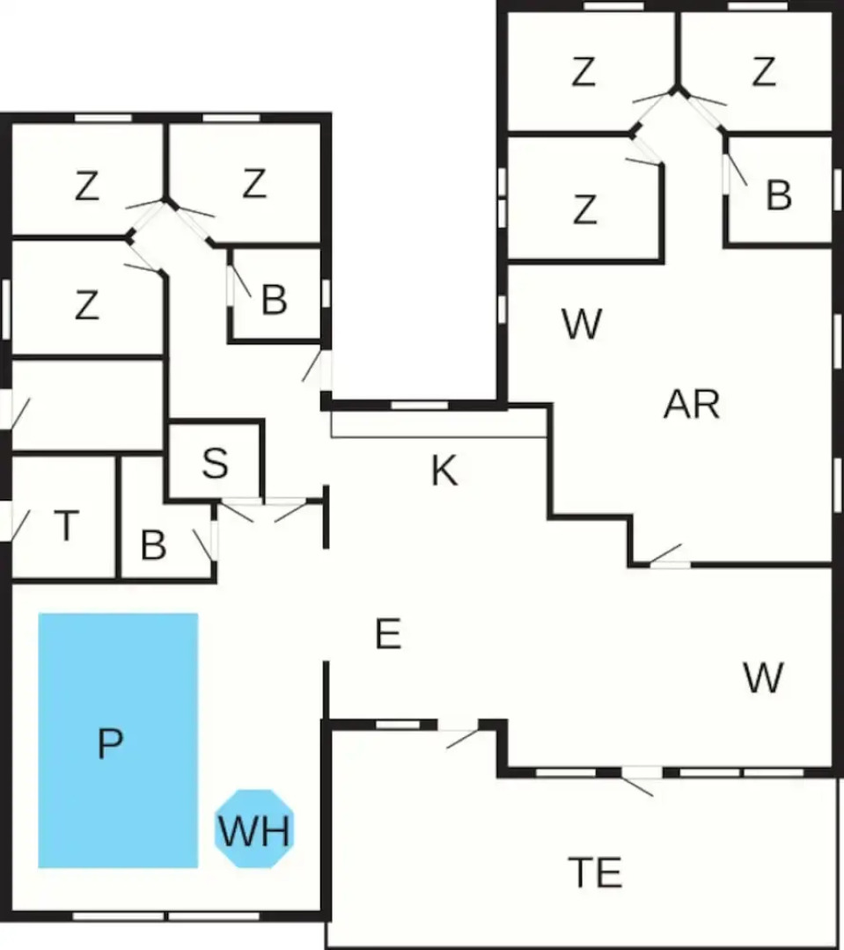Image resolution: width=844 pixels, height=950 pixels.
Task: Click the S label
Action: pos(216,464)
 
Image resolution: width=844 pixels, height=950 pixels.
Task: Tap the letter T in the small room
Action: pos(67,524)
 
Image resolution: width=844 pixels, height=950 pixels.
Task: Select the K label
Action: pos(444,470)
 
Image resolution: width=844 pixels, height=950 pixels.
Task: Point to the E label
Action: pos(388,634)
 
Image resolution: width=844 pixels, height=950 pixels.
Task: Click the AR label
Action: pos(692,404)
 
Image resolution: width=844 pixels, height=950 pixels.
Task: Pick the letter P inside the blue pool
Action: pos(110,743)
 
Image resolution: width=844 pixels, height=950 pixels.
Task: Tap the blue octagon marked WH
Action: pos(254,829)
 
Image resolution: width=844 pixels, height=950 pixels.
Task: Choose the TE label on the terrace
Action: pos(595,873)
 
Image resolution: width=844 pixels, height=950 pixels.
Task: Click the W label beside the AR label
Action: pos(582,324)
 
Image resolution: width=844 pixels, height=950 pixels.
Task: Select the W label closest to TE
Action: pos(763,677)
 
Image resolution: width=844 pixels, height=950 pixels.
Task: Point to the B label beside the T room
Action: pos(153,545)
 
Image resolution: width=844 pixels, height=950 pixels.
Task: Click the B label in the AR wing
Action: pos(779,195)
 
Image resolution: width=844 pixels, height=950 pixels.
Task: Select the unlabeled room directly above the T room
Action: pos(88,406)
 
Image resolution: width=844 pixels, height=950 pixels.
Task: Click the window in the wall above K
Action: pos(419,405)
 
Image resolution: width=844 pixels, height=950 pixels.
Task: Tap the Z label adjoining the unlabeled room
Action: pos(87,304)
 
